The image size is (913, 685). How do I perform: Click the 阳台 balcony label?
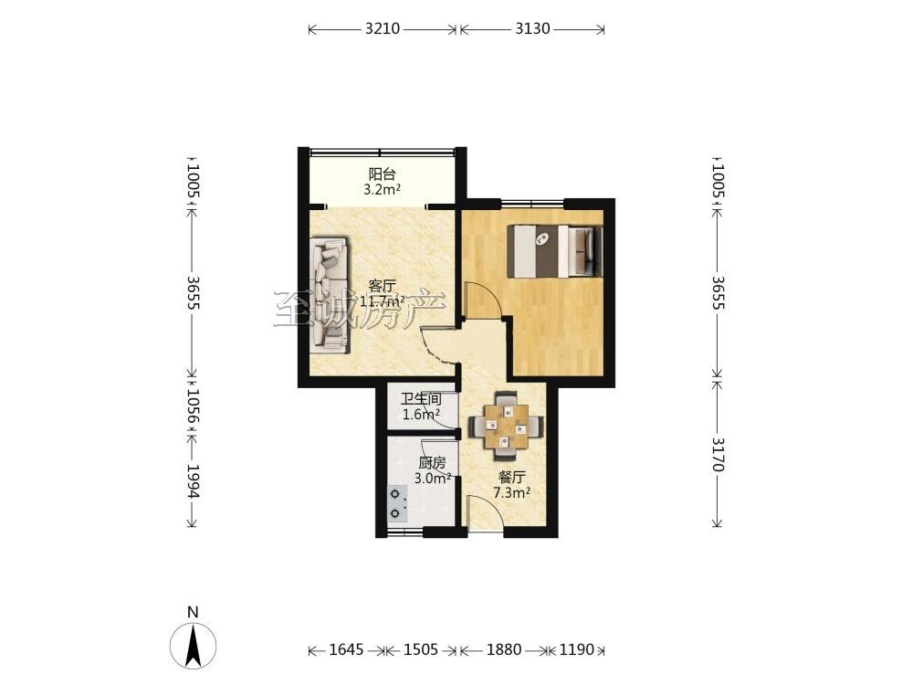[382, 174]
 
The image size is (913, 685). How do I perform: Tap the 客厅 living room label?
[382, 286]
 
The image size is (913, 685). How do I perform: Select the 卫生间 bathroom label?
[420, 400]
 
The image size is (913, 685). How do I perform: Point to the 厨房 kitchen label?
[432, 463]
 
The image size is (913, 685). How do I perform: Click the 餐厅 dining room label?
[512, 478]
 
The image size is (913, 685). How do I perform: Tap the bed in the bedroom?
[555, 251]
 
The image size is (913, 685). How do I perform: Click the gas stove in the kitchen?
[398, 504]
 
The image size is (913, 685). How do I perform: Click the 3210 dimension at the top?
[383, 28]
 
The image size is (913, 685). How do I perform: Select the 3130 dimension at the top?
[532, 28]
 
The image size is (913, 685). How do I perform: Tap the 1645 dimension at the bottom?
[346, 649]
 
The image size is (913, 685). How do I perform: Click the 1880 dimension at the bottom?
[504, 649]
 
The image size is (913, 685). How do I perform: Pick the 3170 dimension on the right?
[718, 454]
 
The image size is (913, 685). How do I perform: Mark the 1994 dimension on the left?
[194, 481]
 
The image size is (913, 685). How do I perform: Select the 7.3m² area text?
[512, 493]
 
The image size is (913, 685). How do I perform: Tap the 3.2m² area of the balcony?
[382, 189]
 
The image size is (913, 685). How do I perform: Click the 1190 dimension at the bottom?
[577, 649]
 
